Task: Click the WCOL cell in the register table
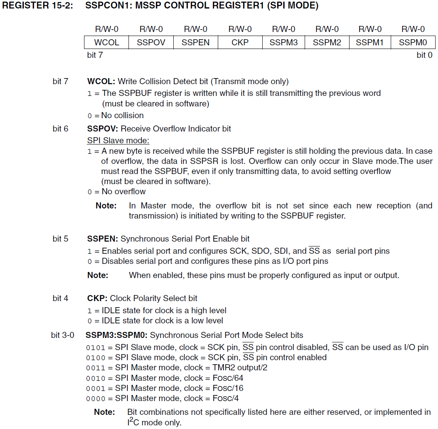tap(107, 42)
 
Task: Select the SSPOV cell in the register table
tap(151, 42)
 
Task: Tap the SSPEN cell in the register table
tap(196, 42)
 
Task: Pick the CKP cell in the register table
tap(240, 42)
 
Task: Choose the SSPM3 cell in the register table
tap(284, 42)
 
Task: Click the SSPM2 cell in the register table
tap(327, 42)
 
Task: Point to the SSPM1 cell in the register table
tap(370, 42)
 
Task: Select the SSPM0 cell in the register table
tap(413, 42)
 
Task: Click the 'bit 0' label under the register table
tap(424, 55)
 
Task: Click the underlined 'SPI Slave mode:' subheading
tap(118, 140)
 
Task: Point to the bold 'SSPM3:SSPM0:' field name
tap(116, 335)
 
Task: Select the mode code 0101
tap(96, 348)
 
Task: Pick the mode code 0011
tap(96, 368)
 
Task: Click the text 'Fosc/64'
tap(228, 378)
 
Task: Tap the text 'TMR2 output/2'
tap(240, 368)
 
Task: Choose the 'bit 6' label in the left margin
tap(61, 129)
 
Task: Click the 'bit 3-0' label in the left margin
tap(63, 335)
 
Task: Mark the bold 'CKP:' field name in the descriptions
tap(97, 299)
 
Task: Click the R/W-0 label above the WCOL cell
tap(107, 29)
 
